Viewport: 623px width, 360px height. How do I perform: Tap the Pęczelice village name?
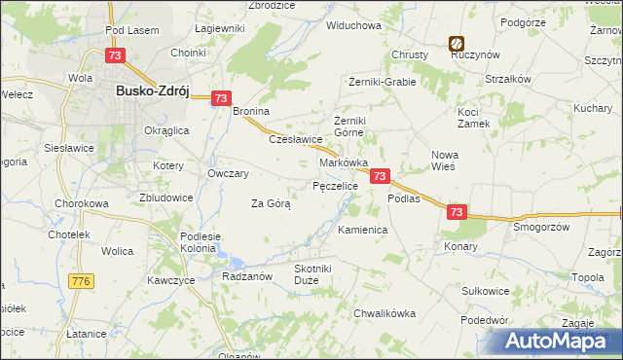pos(336,185)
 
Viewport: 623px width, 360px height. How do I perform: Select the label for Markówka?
pos(344,162)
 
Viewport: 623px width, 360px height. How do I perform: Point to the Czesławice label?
pos(295,139)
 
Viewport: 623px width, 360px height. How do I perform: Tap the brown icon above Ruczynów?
pos(456,43)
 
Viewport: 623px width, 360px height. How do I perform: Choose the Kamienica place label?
pos(363,231)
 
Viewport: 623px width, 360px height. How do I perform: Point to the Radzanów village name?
pos(245,275)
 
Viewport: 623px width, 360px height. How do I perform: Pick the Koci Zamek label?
pos(475,118)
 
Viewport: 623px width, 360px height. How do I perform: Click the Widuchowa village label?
pos(353,25)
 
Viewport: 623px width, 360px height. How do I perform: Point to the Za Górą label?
pos(272,204)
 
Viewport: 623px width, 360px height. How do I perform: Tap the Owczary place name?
pos(229,173)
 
